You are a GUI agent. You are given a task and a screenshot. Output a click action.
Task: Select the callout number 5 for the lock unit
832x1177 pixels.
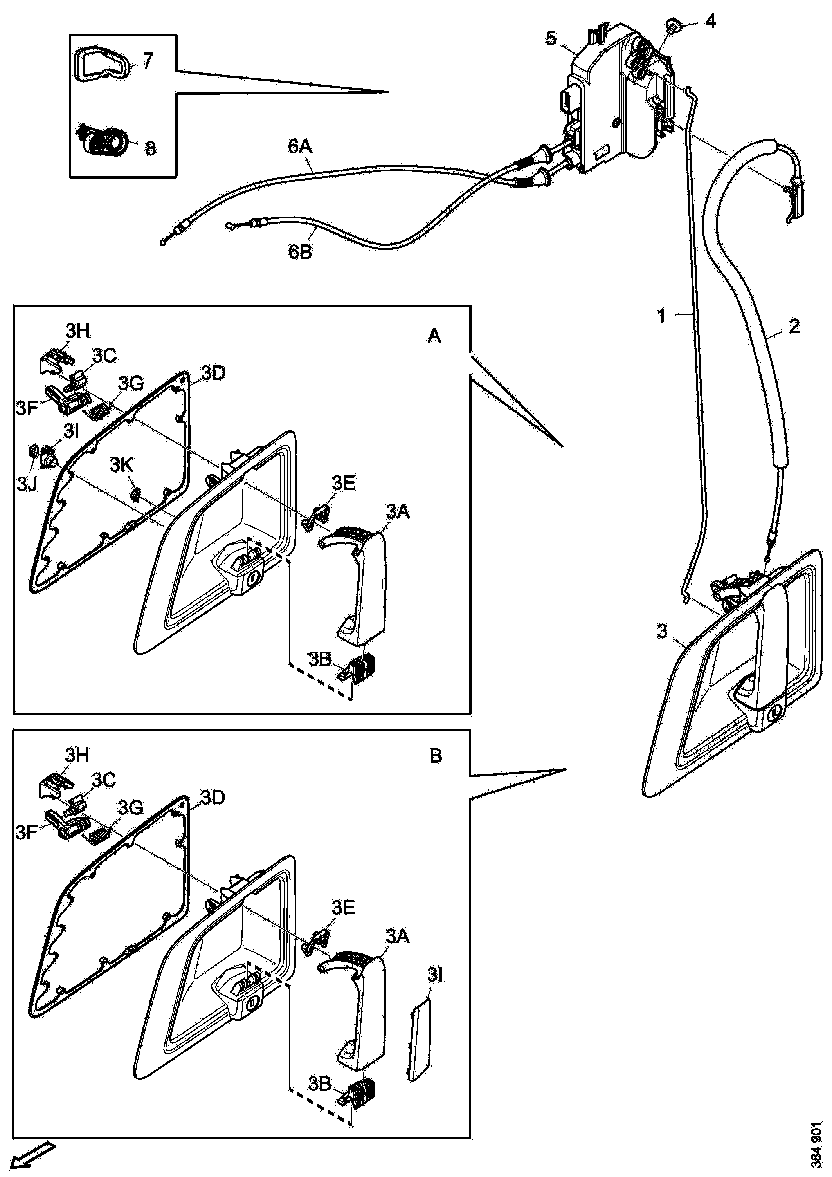coord(551,38)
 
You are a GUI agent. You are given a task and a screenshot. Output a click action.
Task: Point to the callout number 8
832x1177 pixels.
coord(150,149)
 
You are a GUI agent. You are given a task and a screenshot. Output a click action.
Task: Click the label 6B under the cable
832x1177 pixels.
coord(300,252)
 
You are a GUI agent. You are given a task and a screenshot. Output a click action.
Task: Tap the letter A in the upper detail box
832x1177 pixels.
coord(434,336)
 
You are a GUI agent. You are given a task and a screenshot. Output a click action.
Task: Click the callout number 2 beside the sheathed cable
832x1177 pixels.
coord(794,326)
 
